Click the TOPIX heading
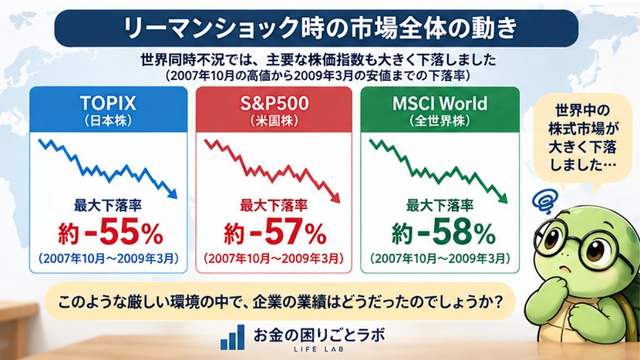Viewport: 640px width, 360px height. [x=108, y=103]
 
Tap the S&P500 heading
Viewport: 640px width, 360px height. [x=275, y=103]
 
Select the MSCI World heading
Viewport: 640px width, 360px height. [x=440, y=103]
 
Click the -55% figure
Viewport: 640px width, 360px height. [x=123, y=232]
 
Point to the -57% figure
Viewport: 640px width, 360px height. [x=288, y=232]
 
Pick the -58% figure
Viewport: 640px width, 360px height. [x=456, y=232]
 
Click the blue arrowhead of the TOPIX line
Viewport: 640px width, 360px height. [x=173, y=194]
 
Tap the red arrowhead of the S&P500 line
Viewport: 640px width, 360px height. [x=335, y=198]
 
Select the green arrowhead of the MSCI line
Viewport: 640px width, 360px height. [x=503, y=198]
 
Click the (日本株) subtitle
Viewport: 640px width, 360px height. [x=108, y=121]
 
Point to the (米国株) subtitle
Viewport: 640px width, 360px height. [x=275, y=121]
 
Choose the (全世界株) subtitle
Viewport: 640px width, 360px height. [x=440, y=121]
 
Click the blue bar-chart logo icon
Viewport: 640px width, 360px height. [x=233, y=338]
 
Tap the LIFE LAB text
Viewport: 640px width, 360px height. [x=318, y=349]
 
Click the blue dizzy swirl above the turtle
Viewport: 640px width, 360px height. [x=544, y=201]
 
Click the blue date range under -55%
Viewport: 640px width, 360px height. [x=108, y=259]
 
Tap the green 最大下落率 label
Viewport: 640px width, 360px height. [x=440, y=205]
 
